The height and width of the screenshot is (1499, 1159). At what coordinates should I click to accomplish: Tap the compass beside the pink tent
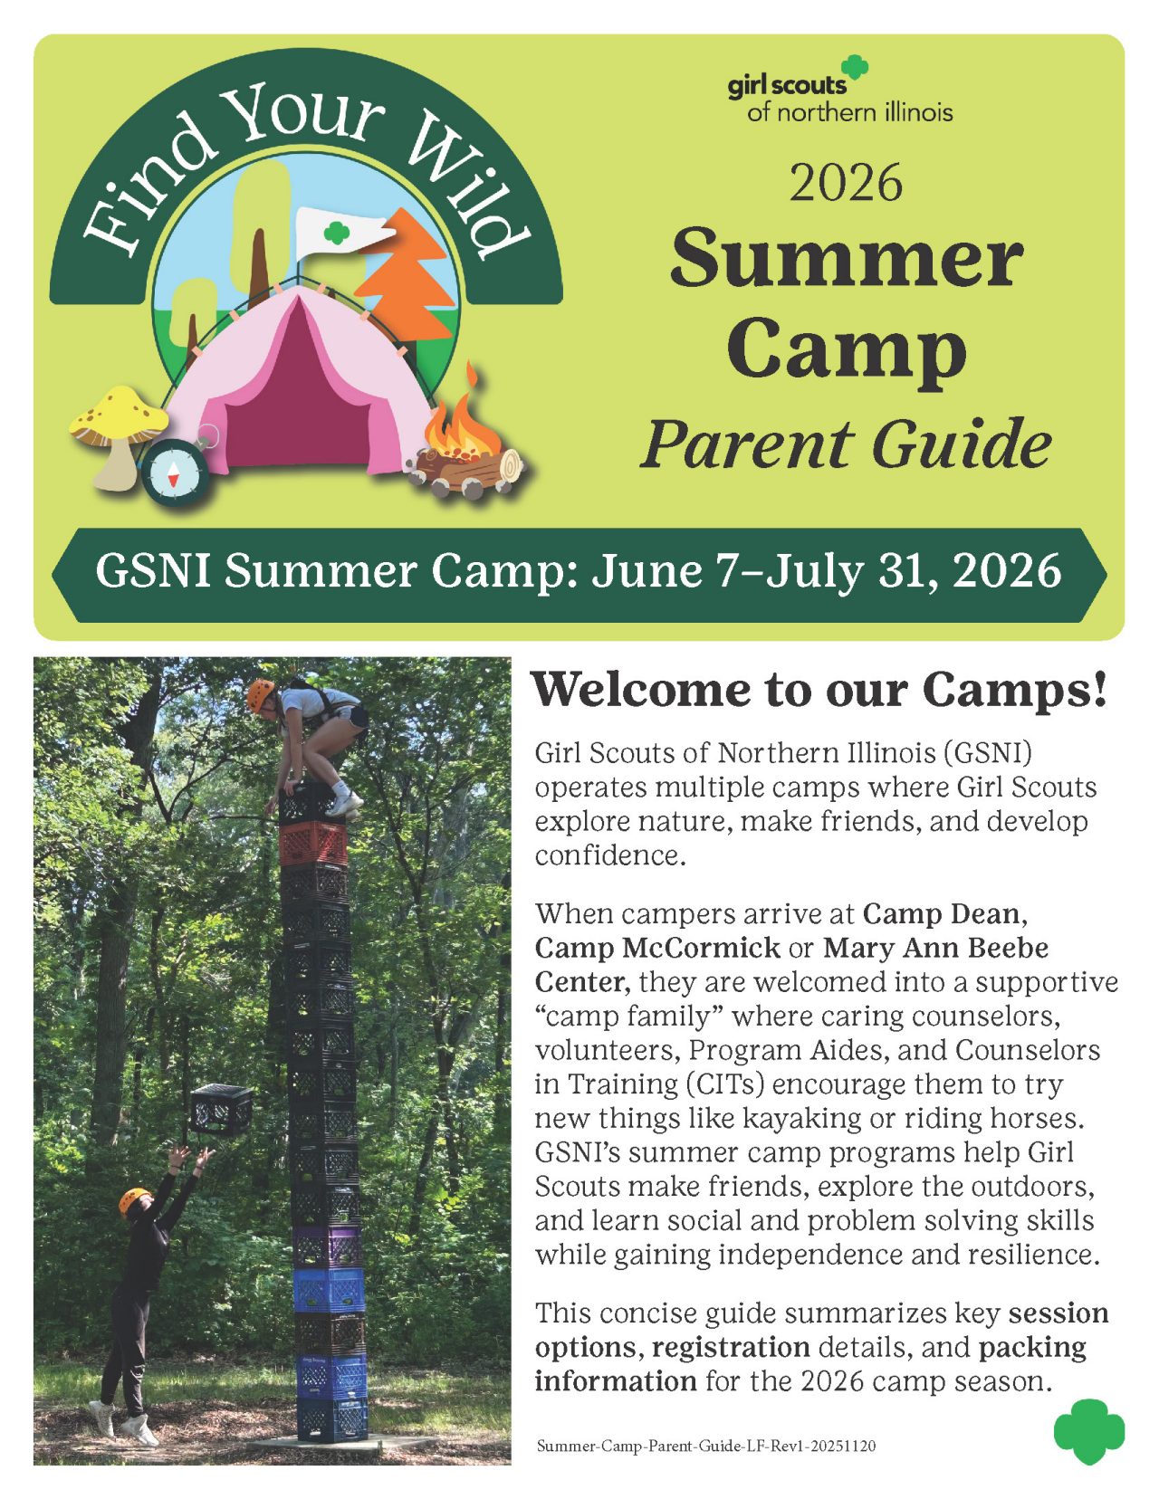(176, 473)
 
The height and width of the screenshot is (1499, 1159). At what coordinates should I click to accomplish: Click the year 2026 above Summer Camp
(846, 182)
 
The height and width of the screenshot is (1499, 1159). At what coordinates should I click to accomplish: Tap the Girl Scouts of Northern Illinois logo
(839, 90)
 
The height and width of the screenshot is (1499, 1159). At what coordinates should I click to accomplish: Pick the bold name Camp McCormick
(656, 947)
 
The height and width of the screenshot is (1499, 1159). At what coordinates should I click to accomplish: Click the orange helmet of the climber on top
(261, 694)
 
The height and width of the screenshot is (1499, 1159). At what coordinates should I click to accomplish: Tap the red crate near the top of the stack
(314, 842)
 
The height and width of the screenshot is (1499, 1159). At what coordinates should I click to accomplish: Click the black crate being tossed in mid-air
(221, 1109)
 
